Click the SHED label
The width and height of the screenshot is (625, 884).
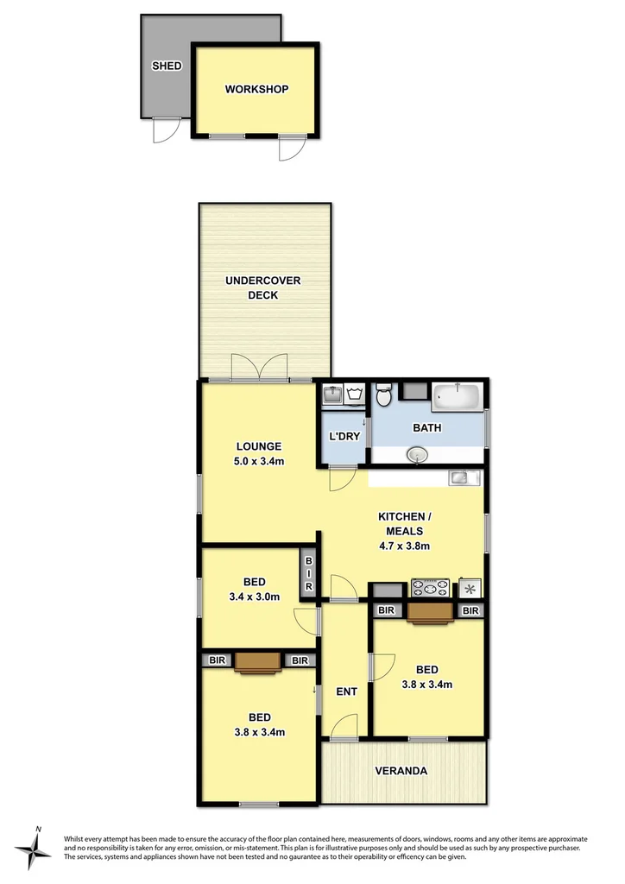pyautogui.click(x=167, y=66)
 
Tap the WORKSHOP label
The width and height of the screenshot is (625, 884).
pyautogui.click(x=256, y=89)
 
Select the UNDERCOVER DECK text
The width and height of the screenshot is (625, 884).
pyautogui.click(x=263, y=287)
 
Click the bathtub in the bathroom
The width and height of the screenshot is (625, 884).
pyautogui.click(x=457, y=397)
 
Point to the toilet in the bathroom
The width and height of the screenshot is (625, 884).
pyautogui.click(x=385, y=396)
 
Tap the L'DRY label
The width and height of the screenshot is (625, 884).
pyautogui.click(x=344, y=436)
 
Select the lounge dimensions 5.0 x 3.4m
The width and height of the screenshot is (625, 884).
pyautogui.click(x=260, y=460)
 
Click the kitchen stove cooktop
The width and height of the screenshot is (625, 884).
pyautogui.click(x=431, y=588)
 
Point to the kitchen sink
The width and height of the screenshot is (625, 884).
pyautogui.click(x=458, y=477)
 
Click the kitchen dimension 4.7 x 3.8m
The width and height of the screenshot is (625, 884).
pyautogui.click(x=404, y=545)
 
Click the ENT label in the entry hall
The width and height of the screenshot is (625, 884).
pyautogui.click(x=346, y=691)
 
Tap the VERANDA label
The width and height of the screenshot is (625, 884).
pyautogui.click(x=400, y=771)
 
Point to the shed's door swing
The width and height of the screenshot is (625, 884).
pyautogui.click(x=164, y=130)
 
